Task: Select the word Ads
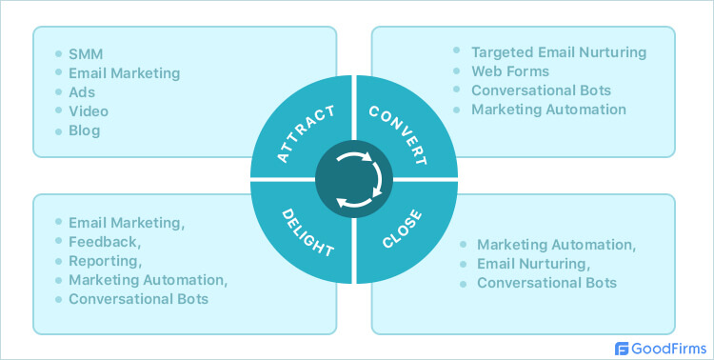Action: [82, 92]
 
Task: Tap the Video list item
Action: [88, 111]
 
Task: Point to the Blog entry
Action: [85, 130]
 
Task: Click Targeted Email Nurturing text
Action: [559, 51]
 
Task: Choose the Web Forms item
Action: [511, 70]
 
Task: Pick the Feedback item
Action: [106, 242]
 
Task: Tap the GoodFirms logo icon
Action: [623, 349]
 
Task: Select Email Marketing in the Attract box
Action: [124, 73]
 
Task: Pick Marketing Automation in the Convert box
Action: [549, 110]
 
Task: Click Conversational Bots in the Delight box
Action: [138, 299]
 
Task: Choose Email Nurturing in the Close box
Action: [534, 264]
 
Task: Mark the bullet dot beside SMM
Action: [57, 53]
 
